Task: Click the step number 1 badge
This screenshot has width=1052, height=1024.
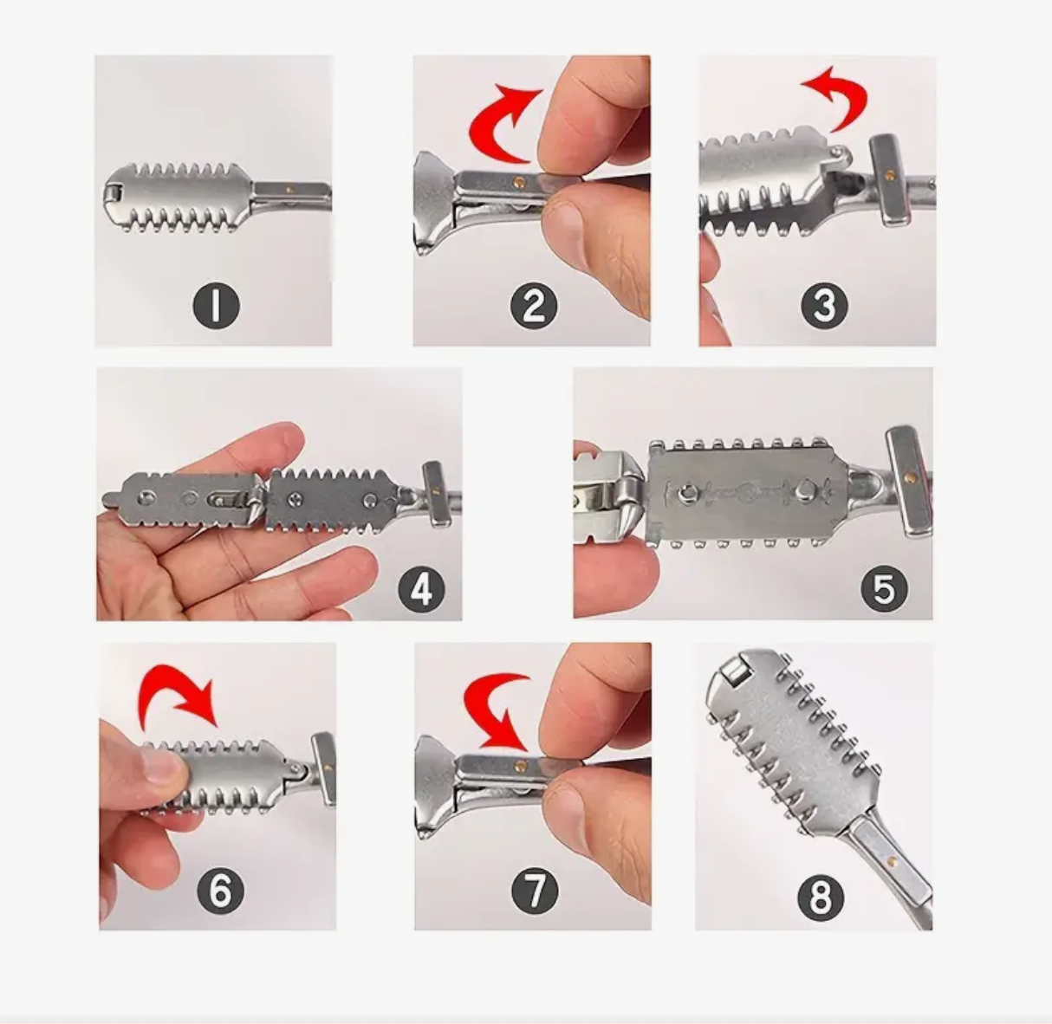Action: pos(217,307)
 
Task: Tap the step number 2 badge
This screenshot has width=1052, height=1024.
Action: pos(534,306)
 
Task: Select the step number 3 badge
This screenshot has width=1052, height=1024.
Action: pos(824,306)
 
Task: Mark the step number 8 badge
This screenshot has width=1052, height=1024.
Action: pos(821,899)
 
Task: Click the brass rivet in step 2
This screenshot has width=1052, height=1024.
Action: pos(521,180)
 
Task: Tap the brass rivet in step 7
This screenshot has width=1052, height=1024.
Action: pos(521,764)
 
